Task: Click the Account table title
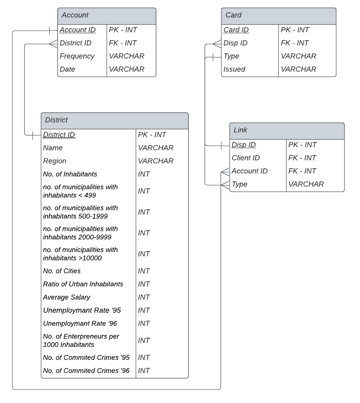tap(75, 15)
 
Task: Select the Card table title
tap(233, 15)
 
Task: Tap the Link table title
tap(241, 130)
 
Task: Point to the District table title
tap(56, 120)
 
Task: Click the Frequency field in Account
tap(77, 56)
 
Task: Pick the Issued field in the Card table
tap(234, 69)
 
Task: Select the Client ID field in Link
tap(246, 158)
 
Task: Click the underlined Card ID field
tap(236, 30)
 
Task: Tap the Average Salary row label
tap(66, 297)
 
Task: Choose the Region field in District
tap(55, 161)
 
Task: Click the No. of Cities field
tap(62, 271)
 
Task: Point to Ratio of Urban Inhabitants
tap(83, 284)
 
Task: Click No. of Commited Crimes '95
tap(86, 357)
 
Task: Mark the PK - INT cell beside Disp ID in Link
tap(303, 145)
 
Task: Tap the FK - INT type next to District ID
tap(123, 43)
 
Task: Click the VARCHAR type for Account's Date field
tap(127, 69)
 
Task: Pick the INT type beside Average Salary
tap(144, 297)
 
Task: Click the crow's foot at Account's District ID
tap(53, 43)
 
